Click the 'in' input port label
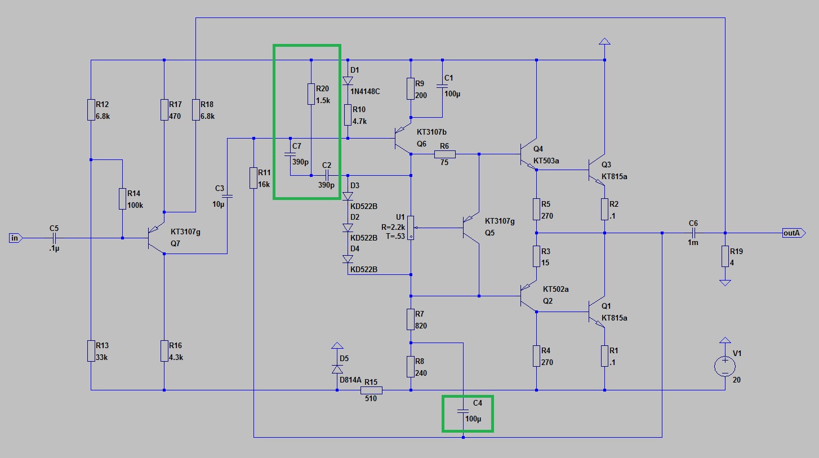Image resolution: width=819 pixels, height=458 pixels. click(15, 238)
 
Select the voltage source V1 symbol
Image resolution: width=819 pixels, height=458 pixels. click(725, 366)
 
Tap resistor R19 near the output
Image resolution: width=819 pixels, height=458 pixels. click(725, 256)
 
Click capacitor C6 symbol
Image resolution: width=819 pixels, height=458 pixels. click(693, 233)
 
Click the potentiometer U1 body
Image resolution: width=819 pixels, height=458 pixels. click(411, 228)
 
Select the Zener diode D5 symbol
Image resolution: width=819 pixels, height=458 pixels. click(337, 369)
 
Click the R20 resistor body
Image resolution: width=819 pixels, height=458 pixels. click(311, 94)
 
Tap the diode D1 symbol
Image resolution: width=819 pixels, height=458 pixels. click(348, 81)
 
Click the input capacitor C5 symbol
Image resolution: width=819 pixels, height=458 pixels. click(54, 238)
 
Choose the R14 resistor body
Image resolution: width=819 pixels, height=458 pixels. click(122, 199)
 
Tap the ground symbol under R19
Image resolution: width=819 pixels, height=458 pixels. click(725, 283)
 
